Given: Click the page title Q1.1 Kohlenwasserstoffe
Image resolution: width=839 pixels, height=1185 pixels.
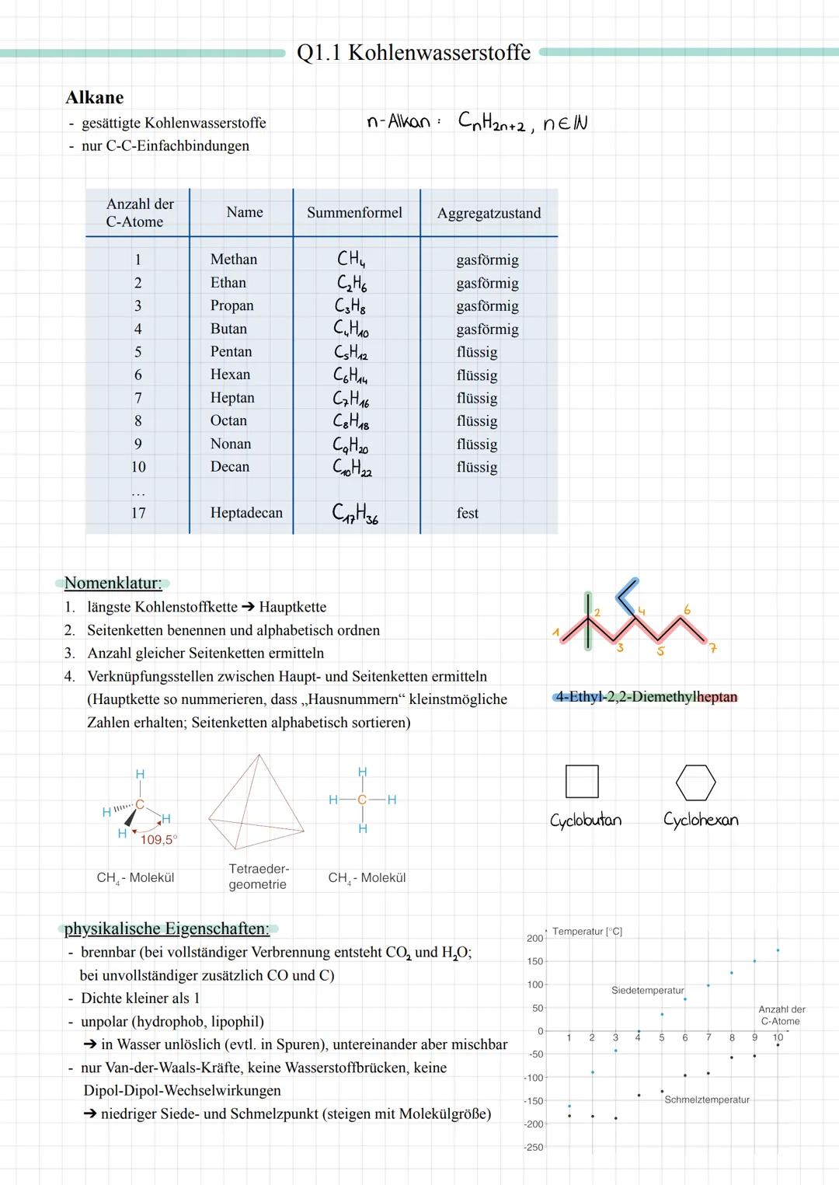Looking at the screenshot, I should point(413,53).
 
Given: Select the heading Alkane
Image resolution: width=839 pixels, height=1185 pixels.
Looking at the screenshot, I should point(94,98).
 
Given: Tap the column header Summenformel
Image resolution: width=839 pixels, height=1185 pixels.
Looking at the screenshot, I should point(354,213).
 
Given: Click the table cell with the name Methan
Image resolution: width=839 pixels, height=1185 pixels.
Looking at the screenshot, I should point(233,260).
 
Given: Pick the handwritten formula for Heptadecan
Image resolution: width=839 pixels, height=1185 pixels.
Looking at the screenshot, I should point(354,514).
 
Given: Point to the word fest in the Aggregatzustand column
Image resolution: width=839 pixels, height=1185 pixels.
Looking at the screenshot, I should point(467,514).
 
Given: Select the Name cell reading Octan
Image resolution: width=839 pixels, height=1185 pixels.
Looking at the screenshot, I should point(228,420).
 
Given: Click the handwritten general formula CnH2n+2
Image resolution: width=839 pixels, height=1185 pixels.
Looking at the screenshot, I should point(491,123).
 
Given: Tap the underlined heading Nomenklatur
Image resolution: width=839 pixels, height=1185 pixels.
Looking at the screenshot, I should point(113,583).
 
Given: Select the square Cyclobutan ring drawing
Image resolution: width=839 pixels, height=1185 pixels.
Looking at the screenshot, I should point(582,782).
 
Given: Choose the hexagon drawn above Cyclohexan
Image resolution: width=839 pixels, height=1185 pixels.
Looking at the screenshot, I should point(695,782).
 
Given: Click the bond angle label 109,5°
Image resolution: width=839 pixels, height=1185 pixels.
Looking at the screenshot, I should point(158,840).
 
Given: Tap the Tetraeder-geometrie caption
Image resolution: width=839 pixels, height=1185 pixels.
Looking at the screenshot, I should point(258,877).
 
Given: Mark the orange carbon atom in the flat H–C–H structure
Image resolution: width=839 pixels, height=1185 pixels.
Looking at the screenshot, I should point(362,800).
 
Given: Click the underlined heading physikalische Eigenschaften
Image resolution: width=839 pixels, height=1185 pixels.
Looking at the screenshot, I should point(166,929).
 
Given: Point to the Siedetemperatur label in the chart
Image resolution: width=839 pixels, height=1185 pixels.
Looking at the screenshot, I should point(647,991).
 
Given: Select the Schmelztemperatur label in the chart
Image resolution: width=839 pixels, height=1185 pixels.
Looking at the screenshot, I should point(706,1100).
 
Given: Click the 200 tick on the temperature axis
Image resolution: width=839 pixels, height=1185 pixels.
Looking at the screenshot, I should point(534,939).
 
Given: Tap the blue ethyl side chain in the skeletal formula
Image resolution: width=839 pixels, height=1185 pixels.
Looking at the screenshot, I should point(627,594).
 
